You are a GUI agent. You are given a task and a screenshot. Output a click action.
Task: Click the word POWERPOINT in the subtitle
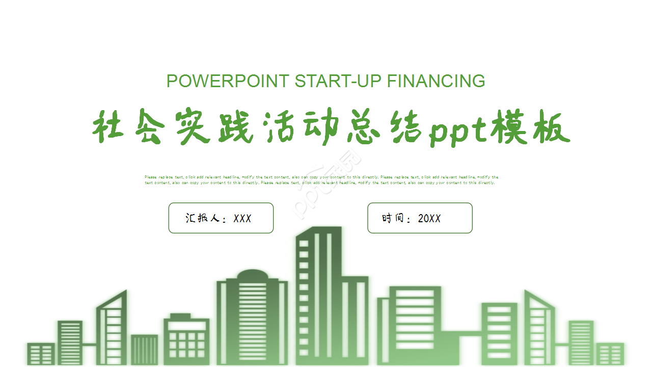pyautogui.click(x=228, y=81)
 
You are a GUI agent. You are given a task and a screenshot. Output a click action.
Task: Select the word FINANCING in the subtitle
pyautogui.click(x=436, y=81)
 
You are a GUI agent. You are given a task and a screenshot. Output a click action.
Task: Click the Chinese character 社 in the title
pyautogui.click(x=108, y=126)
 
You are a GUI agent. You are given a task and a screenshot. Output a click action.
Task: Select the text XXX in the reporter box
pyautogui.click(x=242, y=219)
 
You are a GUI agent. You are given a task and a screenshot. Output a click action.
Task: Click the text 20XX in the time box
pyautogui.click(x=429, y=219)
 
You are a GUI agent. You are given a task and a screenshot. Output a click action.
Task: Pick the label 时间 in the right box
pyautogui.click(x=393, y=219)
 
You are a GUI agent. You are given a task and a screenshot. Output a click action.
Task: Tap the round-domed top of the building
pyautogui.click(x=252, y=275)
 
